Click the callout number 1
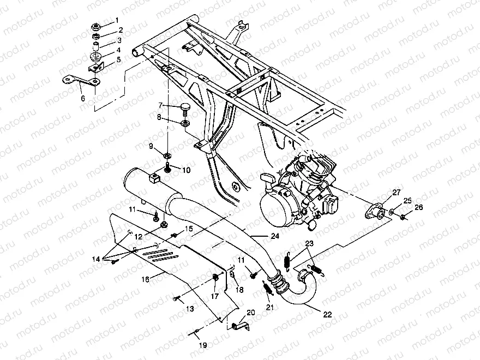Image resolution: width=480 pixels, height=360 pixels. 116,21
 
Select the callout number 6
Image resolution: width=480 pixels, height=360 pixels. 83,99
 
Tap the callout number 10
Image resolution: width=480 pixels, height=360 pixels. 186,170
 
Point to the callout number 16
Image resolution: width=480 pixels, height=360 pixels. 145,279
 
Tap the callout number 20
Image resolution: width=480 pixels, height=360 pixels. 251,313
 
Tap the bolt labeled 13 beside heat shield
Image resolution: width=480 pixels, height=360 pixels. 177,298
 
